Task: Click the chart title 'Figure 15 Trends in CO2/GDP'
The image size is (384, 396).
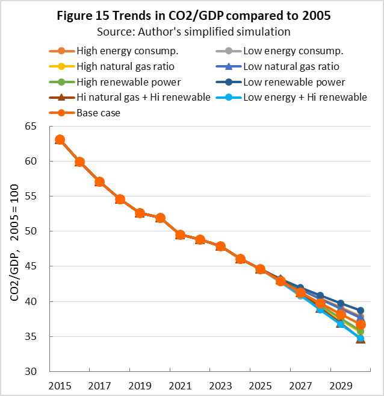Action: coord(191,16)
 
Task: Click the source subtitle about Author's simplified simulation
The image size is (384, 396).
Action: coord(191,30)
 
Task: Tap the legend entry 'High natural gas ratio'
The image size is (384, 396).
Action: coord(114,66)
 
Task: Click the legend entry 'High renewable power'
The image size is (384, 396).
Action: coord(114,81)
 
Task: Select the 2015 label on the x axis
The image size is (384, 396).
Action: coord(60,385)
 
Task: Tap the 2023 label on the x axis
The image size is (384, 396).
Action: coord(220,385)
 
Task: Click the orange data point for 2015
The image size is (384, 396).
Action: coord(60,140)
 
